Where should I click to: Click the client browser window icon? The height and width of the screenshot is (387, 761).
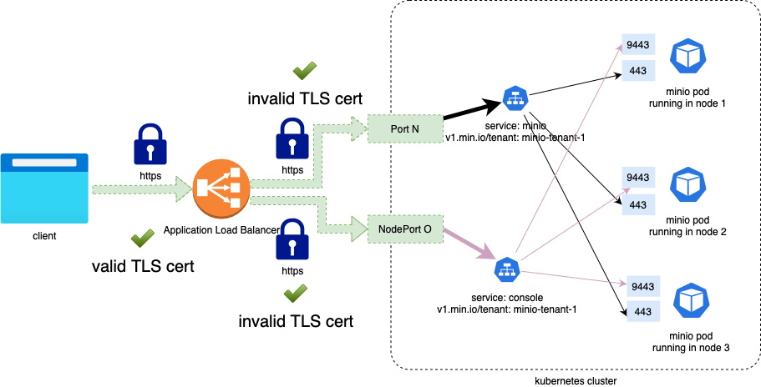(44, 188)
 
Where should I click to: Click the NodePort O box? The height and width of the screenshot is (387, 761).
(405, 229)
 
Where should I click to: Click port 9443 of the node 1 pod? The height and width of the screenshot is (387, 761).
(638, 44)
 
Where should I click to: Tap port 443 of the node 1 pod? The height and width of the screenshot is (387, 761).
(638, 71)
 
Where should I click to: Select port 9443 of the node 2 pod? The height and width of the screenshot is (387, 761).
(638, 177)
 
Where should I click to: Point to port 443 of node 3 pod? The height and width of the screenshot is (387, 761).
(642, 311)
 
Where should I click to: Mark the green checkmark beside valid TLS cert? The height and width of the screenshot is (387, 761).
(143, 239)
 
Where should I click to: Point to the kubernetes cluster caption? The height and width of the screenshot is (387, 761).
(576, 380)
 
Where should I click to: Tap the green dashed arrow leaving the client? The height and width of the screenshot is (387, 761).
(139, 190)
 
